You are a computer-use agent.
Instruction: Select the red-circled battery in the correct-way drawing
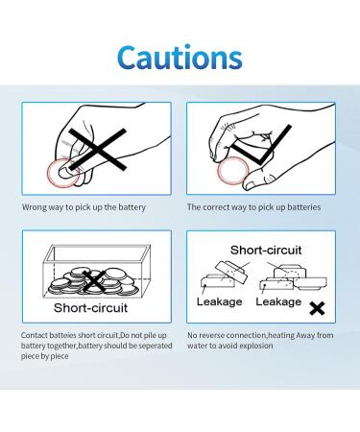(235, 172)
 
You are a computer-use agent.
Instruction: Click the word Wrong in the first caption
(35, 207)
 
